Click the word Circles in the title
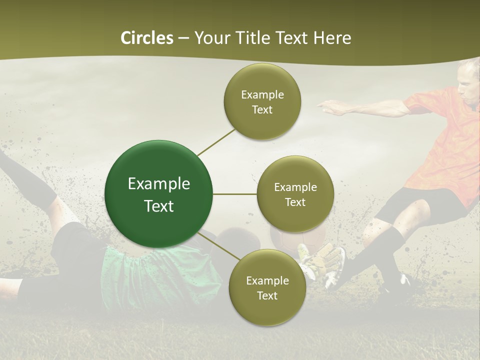tap(147, 37)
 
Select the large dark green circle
tap(158, 194)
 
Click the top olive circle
tap(262, 101)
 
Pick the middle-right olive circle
tap(295, 194)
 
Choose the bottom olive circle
tap(267, 287)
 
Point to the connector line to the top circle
tap(216, 141)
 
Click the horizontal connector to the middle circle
tap(235, 194)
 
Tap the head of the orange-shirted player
tap(469, 82)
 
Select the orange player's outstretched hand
tap(327, 104)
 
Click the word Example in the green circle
tap(158, 184)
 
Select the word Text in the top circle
tap(262, 109)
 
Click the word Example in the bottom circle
tap(267, 280)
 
